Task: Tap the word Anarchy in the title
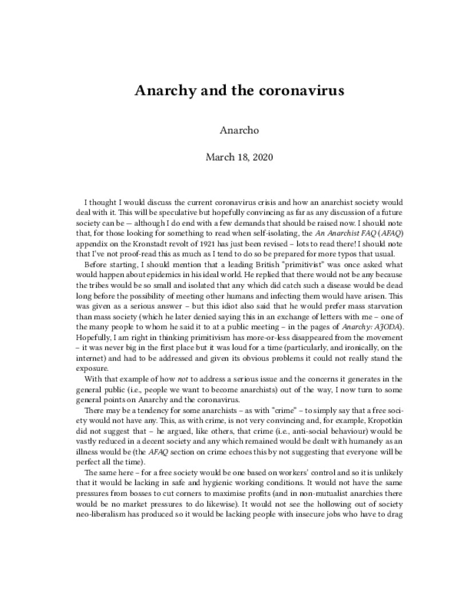[x=162, y=91]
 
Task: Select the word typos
[x=331, y=254]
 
